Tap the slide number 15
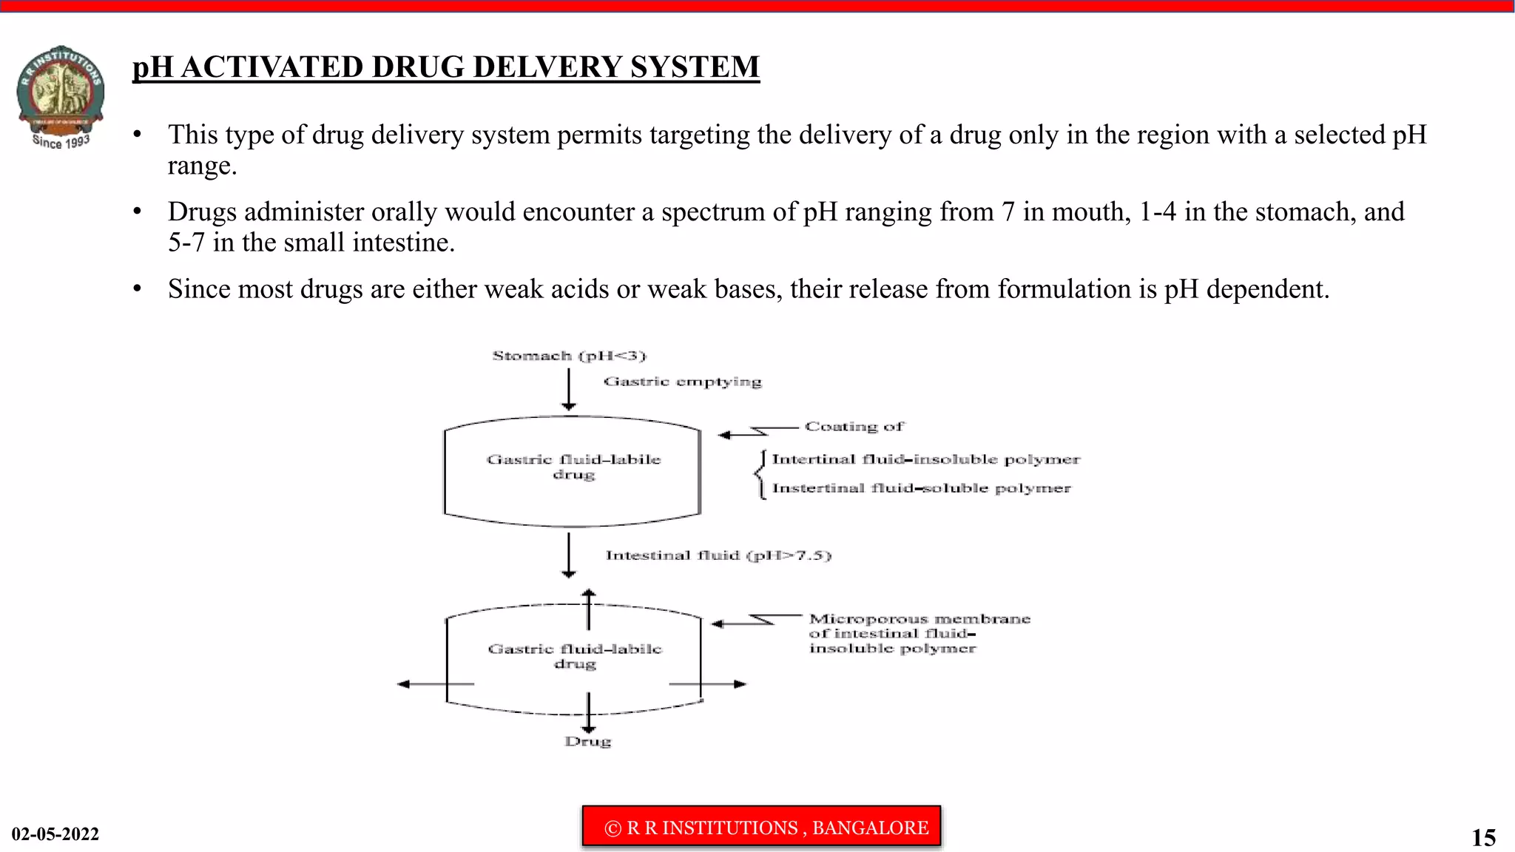[1483, 837]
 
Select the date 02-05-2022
[55, 834]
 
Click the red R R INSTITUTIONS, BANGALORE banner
[761, 827]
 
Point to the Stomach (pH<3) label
[569, 356]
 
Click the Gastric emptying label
[682, 382]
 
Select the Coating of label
[854, 427]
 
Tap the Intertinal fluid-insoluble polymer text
[925, 459]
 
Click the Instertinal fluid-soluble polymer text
[921, 488]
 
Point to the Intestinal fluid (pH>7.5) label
[718, 555]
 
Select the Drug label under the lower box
[588, 741]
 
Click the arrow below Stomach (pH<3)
[569, 390]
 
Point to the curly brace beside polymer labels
[760, 475]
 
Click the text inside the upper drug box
[573, 467]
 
